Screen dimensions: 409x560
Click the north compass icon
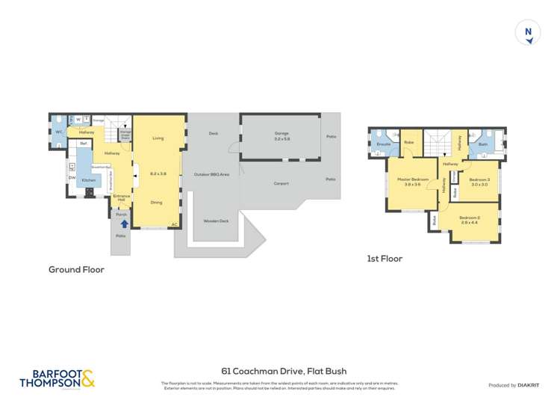coord(529,33)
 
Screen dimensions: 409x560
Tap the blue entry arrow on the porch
coord(124,223)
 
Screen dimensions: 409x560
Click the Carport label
coord(281,183)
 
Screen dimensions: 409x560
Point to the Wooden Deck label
coord(215,221)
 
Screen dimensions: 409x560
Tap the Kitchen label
coord(88,181)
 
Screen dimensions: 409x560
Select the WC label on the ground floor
coord(58,132)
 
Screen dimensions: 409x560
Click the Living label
coord(158,138)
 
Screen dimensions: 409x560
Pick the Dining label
coord(157,203)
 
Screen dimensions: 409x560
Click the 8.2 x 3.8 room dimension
coord(158,173)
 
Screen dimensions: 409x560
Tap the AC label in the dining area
coord(174,224)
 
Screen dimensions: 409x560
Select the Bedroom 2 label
coord(470,218)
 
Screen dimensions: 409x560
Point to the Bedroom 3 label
coord(479,179)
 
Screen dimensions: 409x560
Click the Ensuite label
coord(384,144)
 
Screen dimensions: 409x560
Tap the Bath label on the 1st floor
coord(482,144)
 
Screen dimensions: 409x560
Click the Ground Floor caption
coord(76,269)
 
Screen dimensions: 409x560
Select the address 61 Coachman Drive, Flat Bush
coord(284,371)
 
